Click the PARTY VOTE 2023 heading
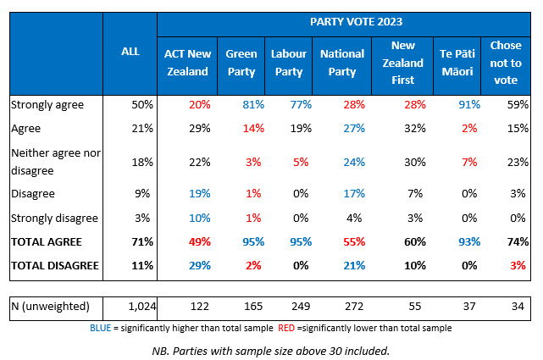coord(343,23)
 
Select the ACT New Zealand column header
coord(186,64)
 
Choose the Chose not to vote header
coord(507,64)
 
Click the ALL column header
coord(130,52)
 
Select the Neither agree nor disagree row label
coord(52,158)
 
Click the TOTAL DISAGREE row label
coord(53,265)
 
